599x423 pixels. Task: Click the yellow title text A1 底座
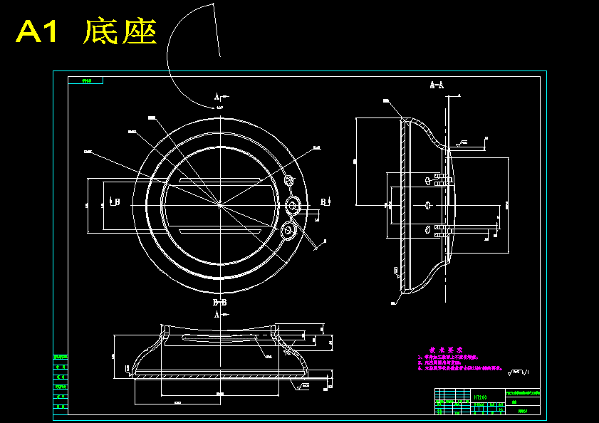85,32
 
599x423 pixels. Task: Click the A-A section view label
437,85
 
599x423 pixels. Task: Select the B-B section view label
220,303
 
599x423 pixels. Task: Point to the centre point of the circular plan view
219,204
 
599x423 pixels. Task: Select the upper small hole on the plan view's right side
288,180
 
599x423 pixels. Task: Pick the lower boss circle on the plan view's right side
288,230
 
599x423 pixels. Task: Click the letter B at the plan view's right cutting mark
323,202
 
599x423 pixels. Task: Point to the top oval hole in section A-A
426,181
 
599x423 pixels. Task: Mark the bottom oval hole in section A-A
426,229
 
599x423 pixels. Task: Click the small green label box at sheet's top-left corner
88,80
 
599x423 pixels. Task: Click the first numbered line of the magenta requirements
449,357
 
